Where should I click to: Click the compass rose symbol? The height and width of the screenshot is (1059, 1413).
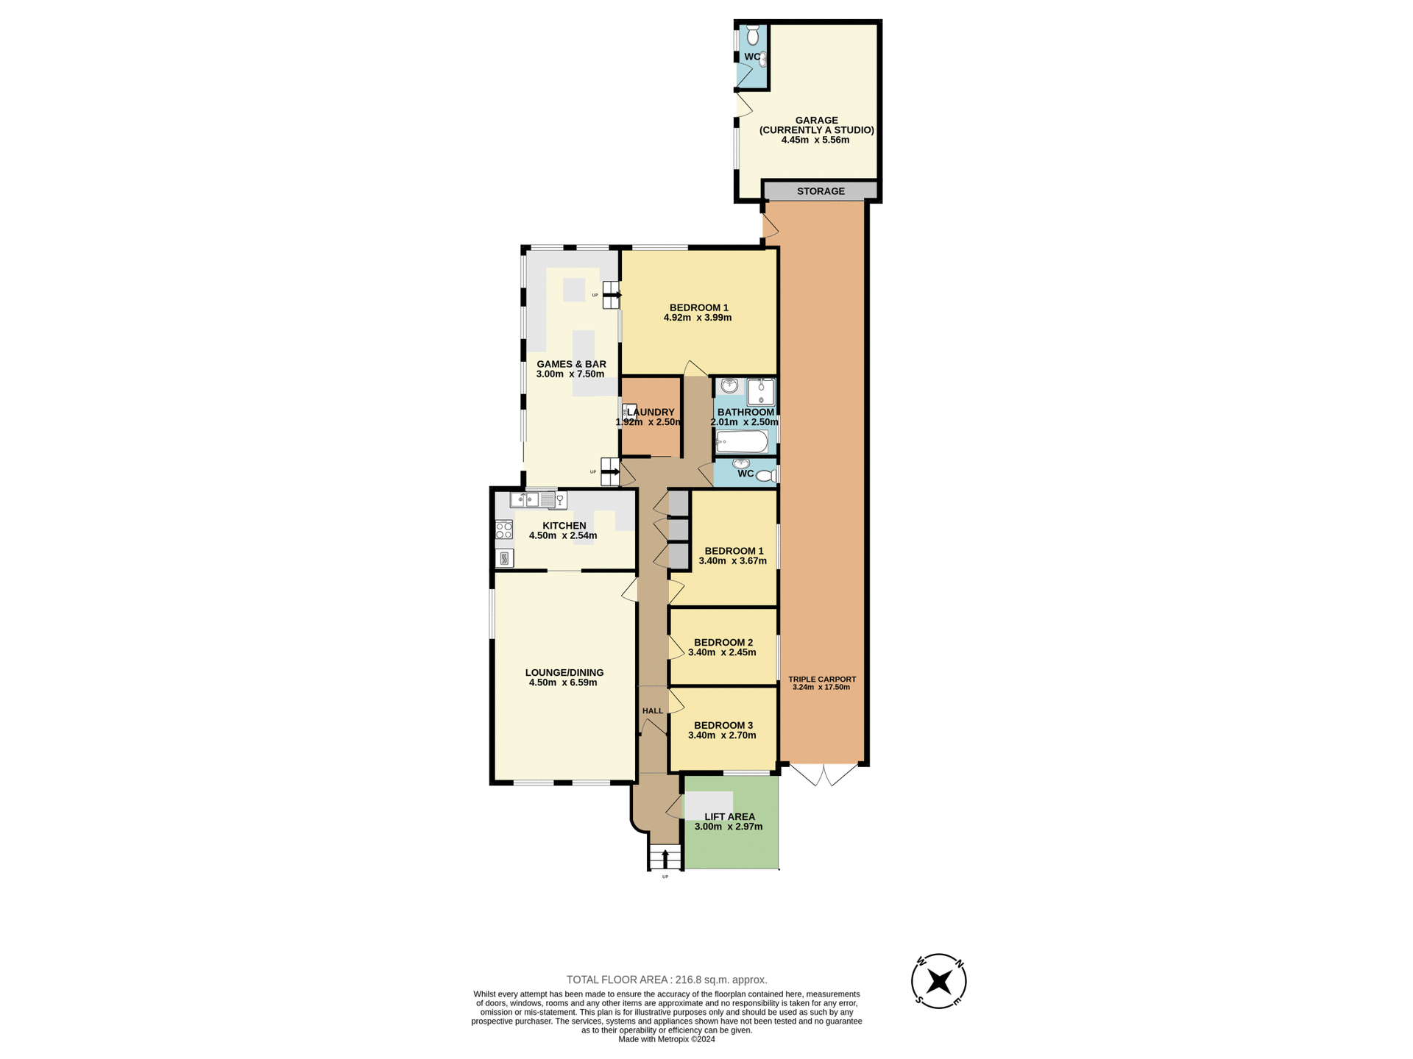938,981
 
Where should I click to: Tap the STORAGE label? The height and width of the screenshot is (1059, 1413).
821,191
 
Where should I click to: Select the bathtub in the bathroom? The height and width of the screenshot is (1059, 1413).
742,442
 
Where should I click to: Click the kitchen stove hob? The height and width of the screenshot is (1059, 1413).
504,529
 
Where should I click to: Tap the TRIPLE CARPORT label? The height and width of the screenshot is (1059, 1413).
822,680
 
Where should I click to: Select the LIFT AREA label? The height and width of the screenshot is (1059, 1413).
729,816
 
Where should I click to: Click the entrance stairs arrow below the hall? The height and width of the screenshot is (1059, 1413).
665,858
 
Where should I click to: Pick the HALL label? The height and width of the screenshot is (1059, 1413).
652,711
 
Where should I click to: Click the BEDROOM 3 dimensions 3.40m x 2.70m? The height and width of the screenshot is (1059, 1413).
722,735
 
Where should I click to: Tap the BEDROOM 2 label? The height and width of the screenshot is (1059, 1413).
723,642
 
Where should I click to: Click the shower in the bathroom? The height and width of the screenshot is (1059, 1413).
761,392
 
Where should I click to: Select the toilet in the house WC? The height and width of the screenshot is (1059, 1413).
765,477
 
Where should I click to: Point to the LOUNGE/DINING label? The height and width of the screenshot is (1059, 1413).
564,672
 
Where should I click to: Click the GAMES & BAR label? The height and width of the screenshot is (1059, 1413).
571,364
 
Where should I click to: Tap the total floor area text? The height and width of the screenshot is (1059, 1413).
667,980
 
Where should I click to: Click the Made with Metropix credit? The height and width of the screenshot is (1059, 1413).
667,1039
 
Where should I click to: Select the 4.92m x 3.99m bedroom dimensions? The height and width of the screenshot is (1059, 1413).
698,318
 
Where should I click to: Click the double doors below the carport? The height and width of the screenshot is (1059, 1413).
824,775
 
